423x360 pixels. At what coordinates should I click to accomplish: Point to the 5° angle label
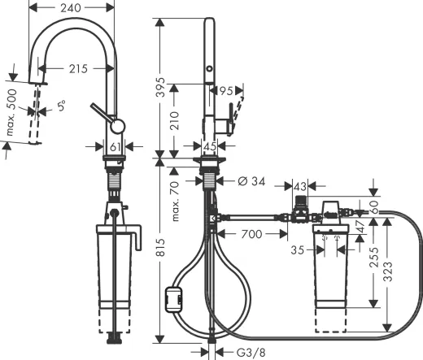tap(62, 103)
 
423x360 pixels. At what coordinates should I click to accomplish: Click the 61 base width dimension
tap(116, 146)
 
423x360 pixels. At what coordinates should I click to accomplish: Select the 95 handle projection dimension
tap(225, 91)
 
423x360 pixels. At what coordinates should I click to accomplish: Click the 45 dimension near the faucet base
tap(211, 146)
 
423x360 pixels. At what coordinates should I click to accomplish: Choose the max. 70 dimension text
tap(175, 203)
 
